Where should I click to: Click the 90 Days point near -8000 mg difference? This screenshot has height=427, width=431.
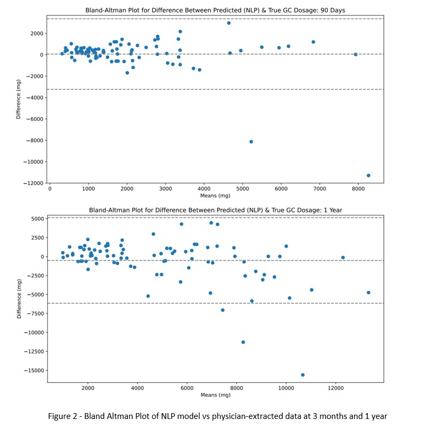point(251,142)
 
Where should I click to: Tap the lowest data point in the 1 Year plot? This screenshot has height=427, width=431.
point(303,375)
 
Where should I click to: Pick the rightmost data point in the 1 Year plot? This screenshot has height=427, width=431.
point(368,293)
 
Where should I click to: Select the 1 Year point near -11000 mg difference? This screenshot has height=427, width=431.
point(243,342)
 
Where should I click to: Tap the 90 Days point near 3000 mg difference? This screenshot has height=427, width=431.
point(229,23)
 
